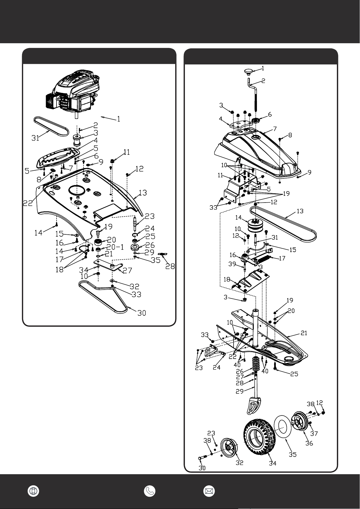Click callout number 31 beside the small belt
tap(36, 138)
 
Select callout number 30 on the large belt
tap(141, 313)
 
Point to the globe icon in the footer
tap(33, 491)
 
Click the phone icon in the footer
tap(150, 491)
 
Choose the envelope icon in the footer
tap(209, 491)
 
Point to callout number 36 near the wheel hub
tap(309, 443)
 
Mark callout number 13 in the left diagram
tap(143, 193)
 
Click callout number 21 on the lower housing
tap(304, 333)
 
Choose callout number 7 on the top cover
tap(275, 129)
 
